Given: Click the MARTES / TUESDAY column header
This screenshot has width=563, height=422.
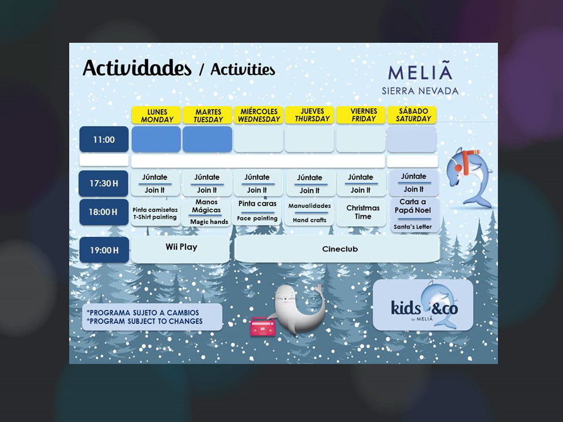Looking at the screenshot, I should click(208, 115).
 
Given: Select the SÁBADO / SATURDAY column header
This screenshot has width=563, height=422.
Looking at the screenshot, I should click(412, 115).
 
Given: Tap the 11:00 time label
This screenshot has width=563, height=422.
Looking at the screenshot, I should click(104, 139).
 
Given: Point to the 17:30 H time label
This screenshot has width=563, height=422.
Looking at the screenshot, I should click(104, 183).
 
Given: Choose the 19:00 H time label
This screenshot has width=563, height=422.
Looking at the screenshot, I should click(104, 250).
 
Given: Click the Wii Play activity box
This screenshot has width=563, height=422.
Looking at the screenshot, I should click(181, 249).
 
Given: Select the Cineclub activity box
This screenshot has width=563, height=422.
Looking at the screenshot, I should click(337, 249).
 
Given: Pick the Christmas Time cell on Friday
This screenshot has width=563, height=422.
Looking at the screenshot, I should click(362, 212).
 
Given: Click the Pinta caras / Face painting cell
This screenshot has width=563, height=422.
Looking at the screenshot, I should click(257, 212).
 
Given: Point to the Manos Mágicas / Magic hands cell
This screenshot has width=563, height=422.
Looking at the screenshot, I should click(207, 212).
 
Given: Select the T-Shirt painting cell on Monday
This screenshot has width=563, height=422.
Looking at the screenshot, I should click(155, 213).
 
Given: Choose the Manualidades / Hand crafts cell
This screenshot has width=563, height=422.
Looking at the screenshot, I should click(310, 213).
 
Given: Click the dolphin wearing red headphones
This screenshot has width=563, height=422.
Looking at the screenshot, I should click(472, 176).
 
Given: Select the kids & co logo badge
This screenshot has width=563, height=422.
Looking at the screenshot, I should click(423, 305).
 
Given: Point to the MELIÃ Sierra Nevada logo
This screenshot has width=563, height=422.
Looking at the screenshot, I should click(420, 80).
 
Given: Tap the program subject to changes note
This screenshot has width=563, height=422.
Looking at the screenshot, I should click(152, 316).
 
